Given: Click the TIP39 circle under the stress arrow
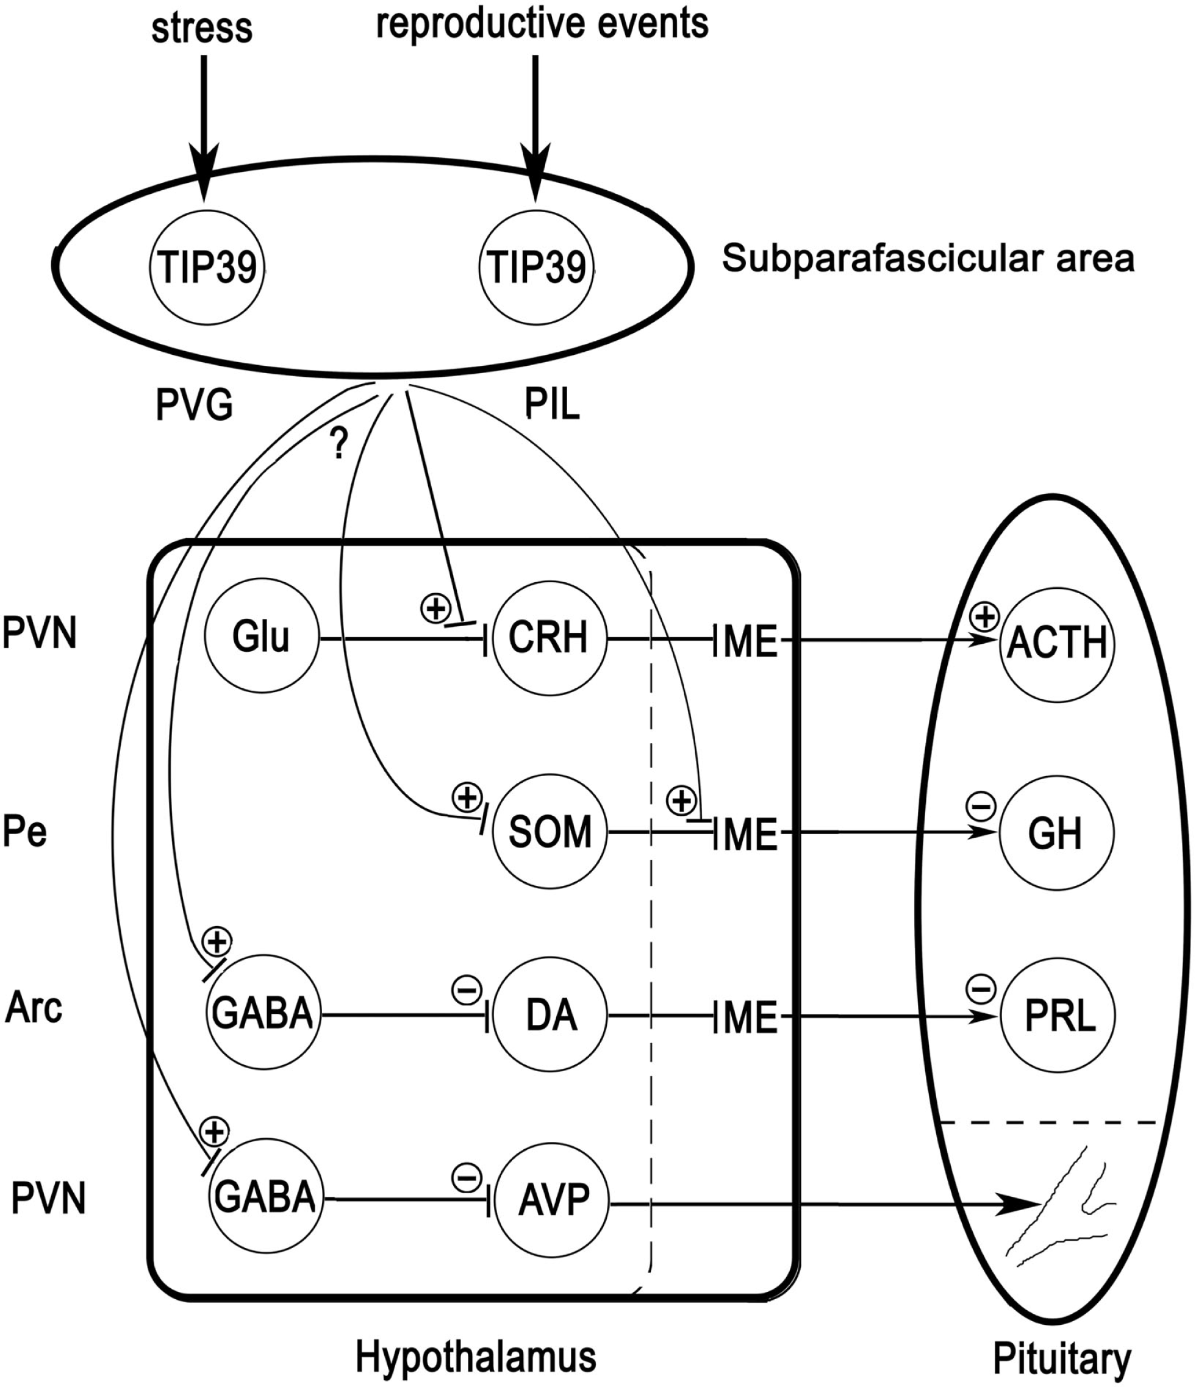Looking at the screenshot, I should tap(207, 267).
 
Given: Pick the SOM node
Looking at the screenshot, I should tap(549, 833).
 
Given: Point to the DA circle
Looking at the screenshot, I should tap(551, 1016).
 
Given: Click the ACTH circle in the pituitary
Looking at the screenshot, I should tap(1057, 643).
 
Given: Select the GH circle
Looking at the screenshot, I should tap(1056, 834).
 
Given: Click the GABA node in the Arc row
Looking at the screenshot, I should tap(262, 1016).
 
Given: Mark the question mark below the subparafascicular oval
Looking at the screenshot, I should tap(340, 443).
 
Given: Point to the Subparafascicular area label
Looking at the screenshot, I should tap(928, 259).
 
